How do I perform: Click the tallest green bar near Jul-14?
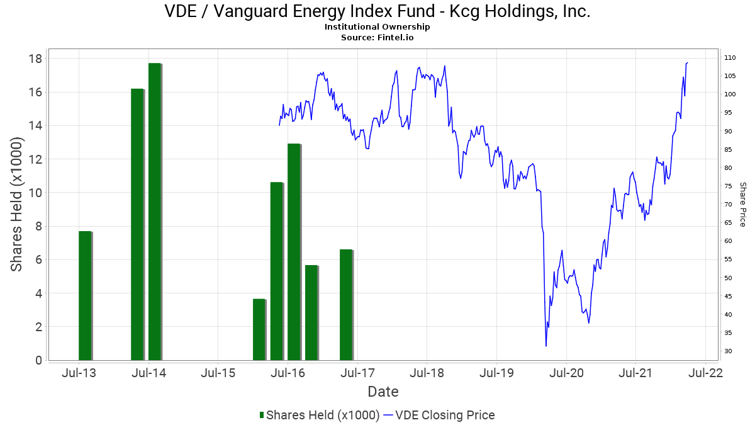(155, 212)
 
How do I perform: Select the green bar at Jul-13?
(85, 295)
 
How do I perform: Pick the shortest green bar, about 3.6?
(259, 329)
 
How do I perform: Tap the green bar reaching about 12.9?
(294, 252)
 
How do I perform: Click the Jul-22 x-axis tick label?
(705, 373)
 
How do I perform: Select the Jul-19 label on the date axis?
(496, 373)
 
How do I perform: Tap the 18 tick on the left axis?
(35, 59)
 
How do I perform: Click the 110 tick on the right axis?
(730, 58)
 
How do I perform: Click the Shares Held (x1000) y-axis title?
(17, 205)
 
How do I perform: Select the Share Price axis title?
(742, 205)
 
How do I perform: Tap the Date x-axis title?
(383, 392)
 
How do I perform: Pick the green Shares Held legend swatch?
(261, 415)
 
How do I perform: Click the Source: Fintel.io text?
(377, 37)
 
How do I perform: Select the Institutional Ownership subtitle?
(377, 26)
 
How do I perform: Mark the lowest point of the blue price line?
(546, 346)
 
